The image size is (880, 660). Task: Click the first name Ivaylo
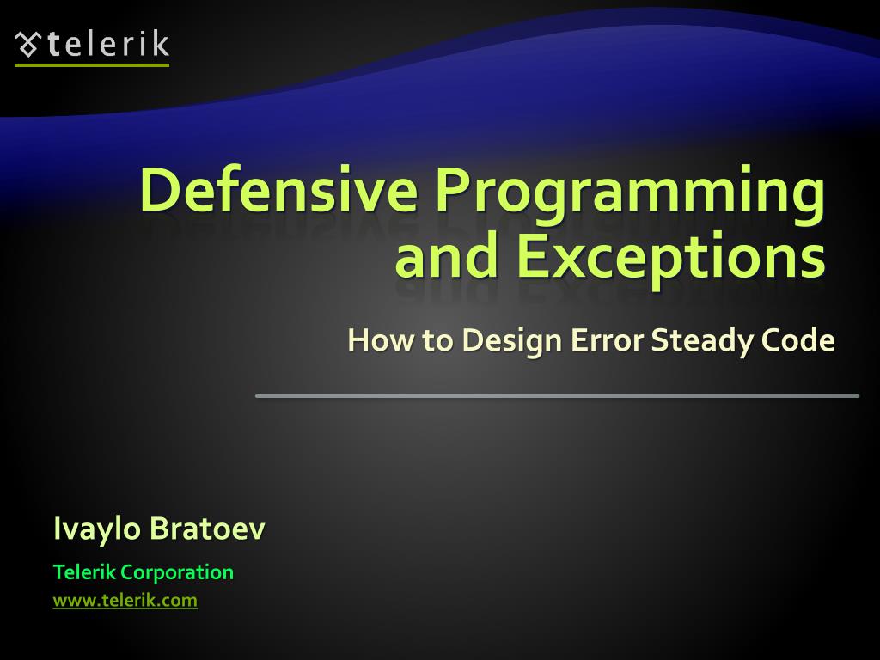tap(96, 529)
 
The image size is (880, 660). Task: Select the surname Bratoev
tap(207, 529)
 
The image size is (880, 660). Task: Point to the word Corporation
tap(177, 572)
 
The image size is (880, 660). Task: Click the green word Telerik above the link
tap(84, 572)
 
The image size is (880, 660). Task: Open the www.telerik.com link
tap(125, 601)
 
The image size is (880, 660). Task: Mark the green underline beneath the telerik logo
tap(92, 64)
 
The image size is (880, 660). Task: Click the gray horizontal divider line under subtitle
tap(557, 395)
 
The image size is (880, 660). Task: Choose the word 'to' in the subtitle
tap(437, 341)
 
